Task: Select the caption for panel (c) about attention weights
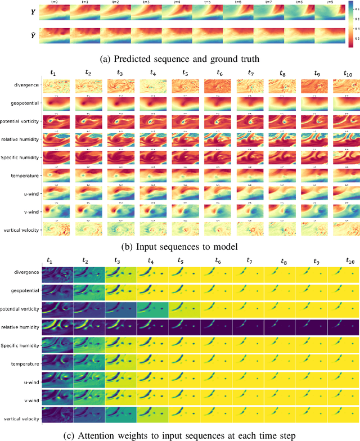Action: pyautogui.click(x=180, y=434)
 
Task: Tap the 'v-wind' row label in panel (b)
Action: pyautogui.click(x=28, y=212)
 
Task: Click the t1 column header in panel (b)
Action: pyautogui.click(x=53, y=73)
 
